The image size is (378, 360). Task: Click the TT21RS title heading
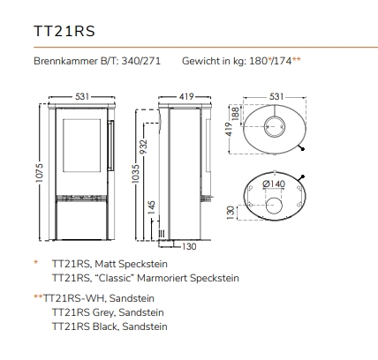click(64, 31)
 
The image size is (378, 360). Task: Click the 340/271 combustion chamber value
click(141, 61)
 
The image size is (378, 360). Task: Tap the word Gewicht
click(200, 61)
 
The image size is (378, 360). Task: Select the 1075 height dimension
click(39, 173)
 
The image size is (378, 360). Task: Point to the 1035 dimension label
click(135, 174)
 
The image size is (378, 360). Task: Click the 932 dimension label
click(143, 146)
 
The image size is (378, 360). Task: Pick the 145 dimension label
click(151, 207)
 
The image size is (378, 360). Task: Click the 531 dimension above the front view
click(82, 96)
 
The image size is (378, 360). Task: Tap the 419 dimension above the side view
click(186, 96)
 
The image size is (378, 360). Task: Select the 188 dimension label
click(236, 113)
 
